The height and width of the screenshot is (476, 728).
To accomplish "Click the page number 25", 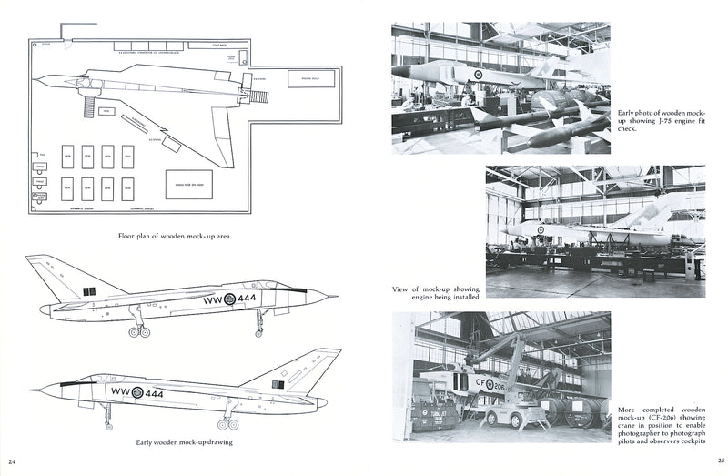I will (x=718, y=460).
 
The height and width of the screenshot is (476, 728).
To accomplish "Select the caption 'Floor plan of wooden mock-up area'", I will (x=173, y=236).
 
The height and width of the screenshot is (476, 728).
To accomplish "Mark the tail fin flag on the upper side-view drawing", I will (x=89, y=290).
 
